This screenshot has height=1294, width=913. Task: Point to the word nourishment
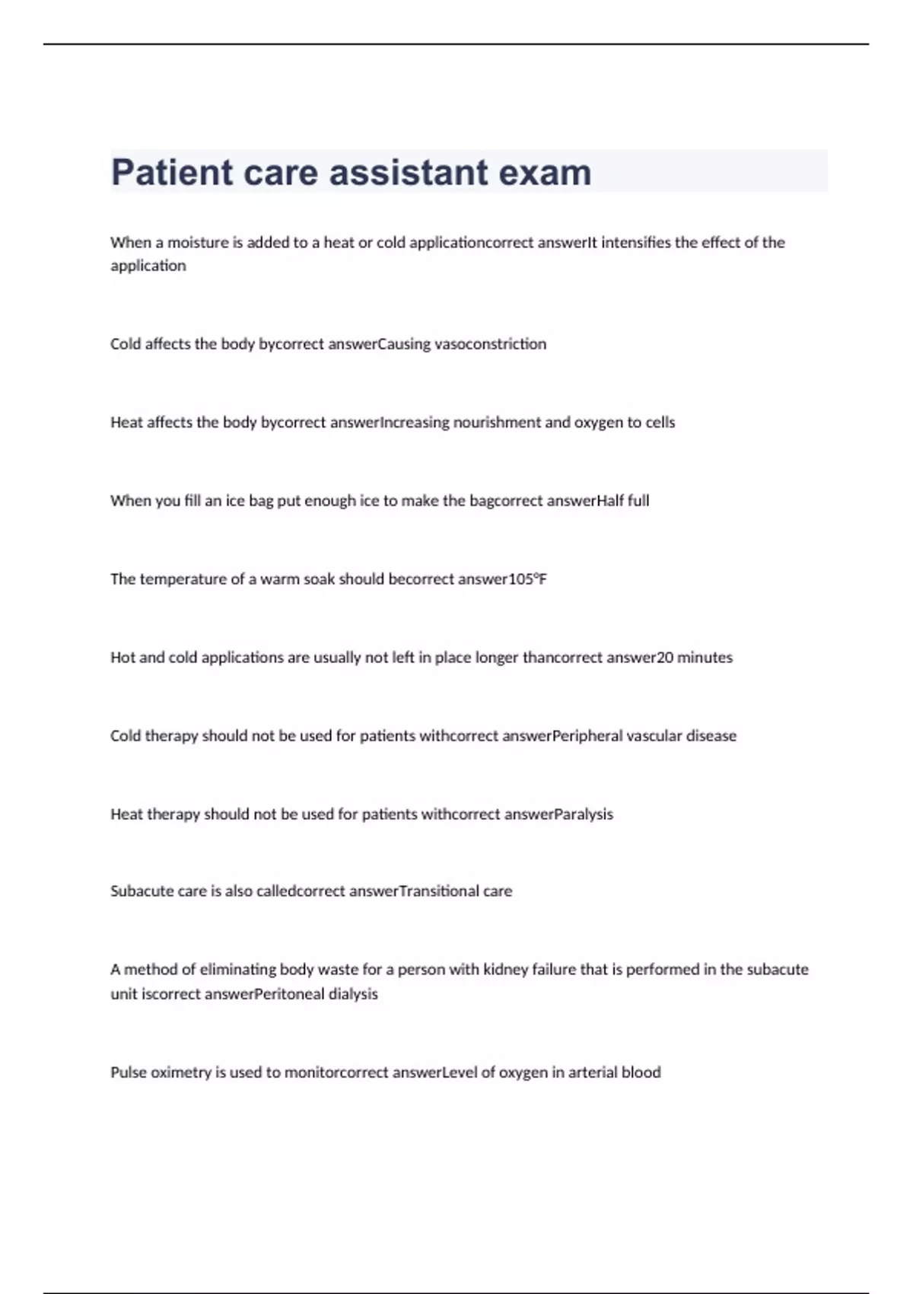pyautogui.click(x=497, y=422)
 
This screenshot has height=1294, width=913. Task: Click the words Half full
pyautogui.click(x=623, y=501)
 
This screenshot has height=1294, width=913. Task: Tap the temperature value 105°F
pyautogui.click(x=528, y=579)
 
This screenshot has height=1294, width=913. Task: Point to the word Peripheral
pyautogui.click(x=587, y=736)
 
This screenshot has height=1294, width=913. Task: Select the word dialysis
pyautogui.click(x=353, y=994)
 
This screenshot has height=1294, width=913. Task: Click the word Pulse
pyautogui.click(x=128, y=1072)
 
